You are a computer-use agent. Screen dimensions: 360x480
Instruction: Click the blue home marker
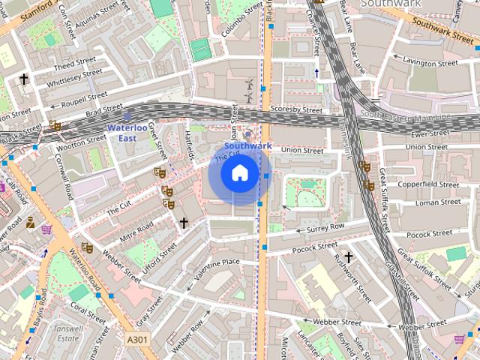click(x=239, y=174)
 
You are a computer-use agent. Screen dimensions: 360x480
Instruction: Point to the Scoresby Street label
click(x=296, y=110)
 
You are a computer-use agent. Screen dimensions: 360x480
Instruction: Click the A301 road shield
click(x=137, y=340)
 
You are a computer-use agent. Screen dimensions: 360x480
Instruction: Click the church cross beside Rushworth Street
click(x=348, y=257)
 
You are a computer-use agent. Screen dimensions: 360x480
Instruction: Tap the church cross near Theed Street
click(x=23, y=78)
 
